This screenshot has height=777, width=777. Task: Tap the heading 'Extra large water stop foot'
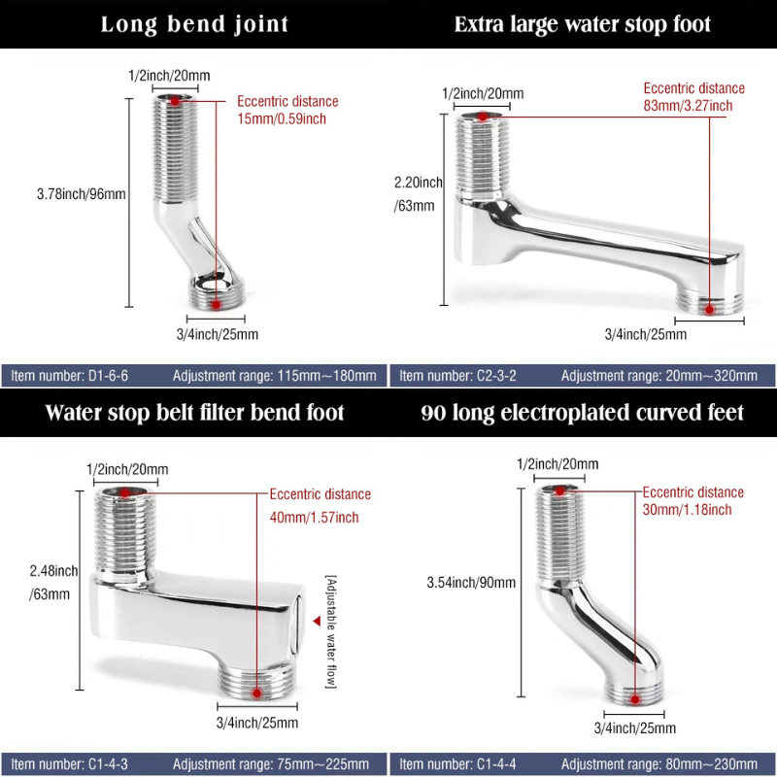click(582, 24)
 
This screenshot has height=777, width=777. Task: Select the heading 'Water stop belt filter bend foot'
click(194, 412)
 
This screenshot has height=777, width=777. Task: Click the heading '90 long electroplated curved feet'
click(582, 413)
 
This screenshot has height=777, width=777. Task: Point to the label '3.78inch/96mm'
click(82, 193)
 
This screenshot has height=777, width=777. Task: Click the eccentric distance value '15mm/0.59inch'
click(282, 118)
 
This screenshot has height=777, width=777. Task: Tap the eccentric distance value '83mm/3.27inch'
click(688, 106)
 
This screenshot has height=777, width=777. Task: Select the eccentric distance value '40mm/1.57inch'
click(314, 518)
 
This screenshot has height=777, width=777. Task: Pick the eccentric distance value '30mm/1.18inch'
click(687, 509)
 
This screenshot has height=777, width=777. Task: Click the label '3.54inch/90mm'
click(471, 582)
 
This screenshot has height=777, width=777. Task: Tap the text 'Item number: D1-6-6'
click(69, 376)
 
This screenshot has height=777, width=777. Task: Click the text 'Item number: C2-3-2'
click(457, 376)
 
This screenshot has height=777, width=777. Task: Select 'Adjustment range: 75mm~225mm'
click(271, 764)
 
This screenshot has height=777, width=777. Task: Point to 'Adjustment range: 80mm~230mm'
click(659, 764)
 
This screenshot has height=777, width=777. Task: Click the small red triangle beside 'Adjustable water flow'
click(317, 621)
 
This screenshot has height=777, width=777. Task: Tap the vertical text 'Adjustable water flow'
click(330, 632)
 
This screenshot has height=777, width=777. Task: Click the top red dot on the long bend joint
click(175, 101)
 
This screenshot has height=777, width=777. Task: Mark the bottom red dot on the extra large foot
click(709, 310)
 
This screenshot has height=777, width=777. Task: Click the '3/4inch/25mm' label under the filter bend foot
click(257, 723)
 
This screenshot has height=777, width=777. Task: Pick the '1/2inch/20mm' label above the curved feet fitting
click(557, 464)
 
